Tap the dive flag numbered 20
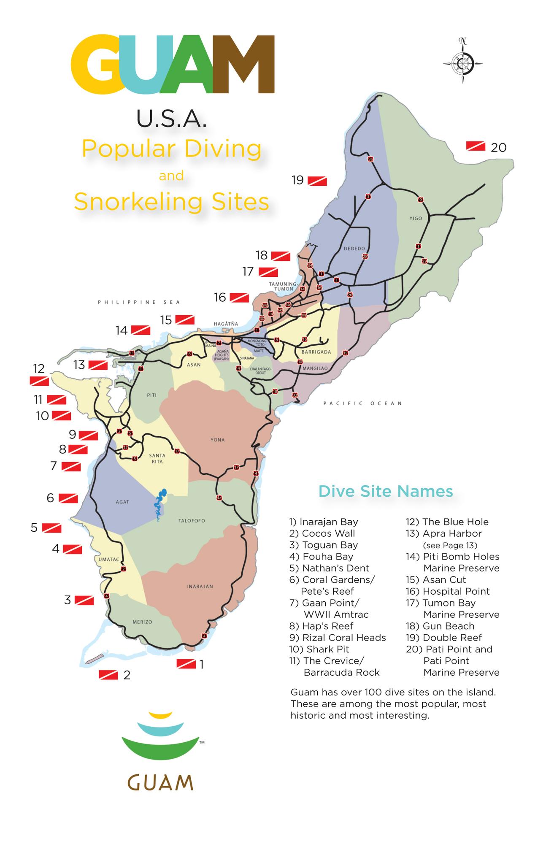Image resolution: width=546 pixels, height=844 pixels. (x=476, y=146)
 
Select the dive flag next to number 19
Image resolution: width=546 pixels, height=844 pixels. (x=317, y=181)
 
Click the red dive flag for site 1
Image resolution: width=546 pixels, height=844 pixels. (x=186, y=664)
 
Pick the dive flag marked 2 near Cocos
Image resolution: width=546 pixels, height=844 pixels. (x=108, y=675)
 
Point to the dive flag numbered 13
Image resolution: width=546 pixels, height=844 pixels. (x=97, y=365)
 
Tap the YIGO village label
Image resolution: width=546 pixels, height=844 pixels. (x=416, y=219)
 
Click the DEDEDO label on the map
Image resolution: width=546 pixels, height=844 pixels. (x=354, y=249)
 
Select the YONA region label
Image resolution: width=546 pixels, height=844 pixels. (x=218, y=440)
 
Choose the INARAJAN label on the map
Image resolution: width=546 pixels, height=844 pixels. (x=200, y=587)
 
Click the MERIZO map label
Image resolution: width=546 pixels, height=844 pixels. (x=142, y=622)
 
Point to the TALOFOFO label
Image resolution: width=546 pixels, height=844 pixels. (x=192, y=521)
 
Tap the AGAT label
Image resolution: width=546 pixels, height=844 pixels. (x=122, y=502)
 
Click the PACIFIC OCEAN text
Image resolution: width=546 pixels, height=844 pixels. (x=362, y=403)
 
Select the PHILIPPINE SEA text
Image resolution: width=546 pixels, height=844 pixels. (x=139, y=302)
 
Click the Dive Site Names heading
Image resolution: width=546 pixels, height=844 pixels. (x=386, y=491)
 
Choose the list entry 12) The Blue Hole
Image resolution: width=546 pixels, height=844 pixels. (x=447, y=522)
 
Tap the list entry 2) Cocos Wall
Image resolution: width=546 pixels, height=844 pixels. (x=322, y=533)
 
